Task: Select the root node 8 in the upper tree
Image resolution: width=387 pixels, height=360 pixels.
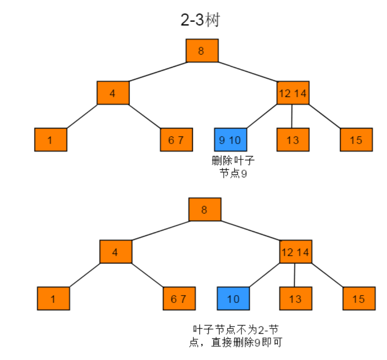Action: [x=202, y=51]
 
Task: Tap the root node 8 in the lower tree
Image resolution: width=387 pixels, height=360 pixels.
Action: [x=205, y=209]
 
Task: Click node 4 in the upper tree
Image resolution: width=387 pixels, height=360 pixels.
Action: [x=113, y=93]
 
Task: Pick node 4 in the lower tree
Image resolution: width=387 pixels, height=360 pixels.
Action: [x=116, y=252]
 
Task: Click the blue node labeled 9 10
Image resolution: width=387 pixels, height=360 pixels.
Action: [x=230, y=140]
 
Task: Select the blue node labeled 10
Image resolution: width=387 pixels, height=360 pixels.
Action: [x=233, y=298]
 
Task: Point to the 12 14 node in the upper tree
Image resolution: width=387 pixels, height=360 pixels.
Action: [x=293, y=93]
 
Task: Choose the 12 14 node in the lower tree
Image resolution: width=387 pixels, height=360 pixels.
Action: [x=296, y=252]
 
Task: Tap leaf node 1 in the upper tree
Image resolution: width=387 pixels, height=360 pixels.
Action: [x=50, y=140]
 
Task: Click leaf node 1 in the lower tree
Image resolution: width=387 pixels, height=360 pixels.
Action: [x=53, y=298]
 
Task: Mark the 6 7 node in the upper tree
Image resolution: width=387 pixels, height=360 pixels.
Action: [x=176, y=140]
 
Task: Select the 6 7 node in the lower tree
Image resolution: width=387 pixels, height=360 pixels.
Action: [x=179, y=298]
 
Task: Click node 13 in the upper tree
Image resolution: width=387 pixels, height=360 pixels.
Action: [x=293, y=140]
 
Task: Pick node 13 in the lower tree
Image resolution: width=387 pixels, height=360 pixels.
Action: [x=296, y=298]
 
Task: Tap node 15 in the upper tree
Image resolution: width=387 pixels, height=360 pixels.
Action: [x=356, y=140]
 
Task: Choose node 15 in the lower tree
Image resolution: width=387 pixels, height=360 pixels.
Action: [x=359, y=298]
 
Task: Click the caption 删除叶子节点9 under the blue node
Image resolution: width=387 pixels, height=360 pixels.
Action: [x=233, y=167]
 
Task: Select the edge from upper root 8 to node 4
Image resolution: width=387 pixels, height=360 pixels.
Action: [x=158, y=72]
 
